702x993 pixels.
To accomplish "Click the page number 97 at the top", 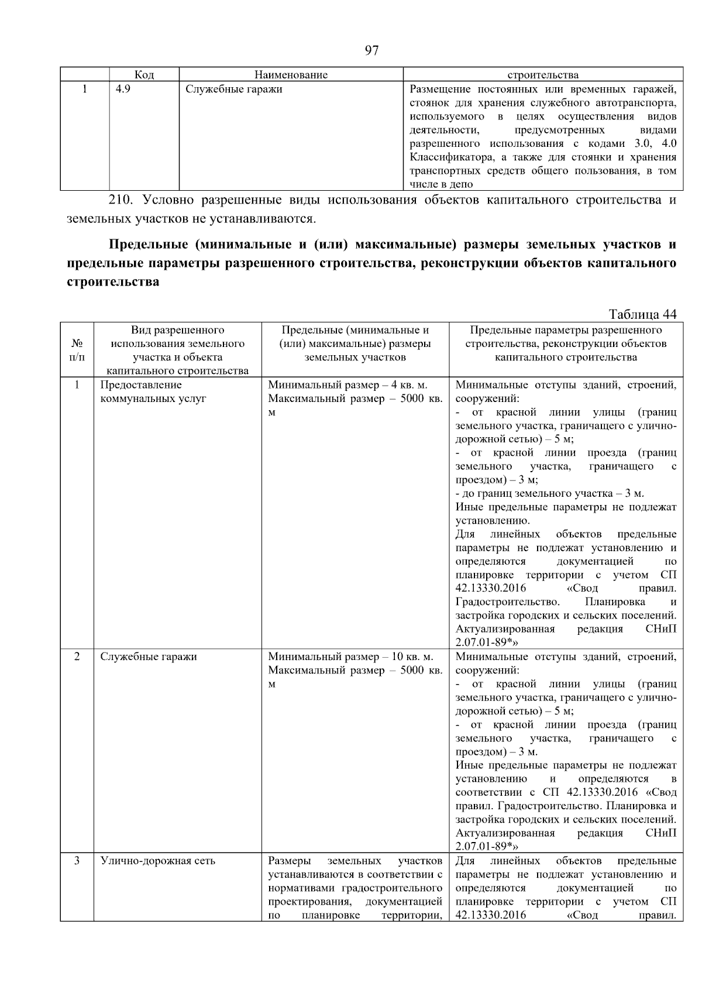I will pos(371,51).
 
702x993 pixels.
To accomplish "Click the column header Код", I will pos(144,75).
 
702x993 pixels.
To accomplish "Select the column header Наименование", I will pos(291,75).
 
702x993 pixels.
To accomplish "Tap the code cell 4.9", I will pos(123,90).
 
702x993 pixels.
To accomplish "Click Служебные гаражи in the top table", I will pos(233,90).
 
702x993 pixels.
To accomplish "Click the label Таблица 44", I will pos(642,314).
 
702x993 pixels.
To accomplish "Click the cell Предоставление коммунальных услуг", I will pos(153,392).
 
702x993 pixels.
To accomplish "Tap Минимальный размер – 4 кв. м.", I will pos(347,385).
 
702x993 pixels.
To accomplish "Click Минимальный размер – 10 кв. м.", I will pos(350,657).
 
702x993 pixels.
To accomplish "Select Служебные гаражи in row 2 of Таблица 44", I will pos(149,657).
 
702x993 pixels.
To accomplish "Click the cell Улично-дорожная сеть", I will pos(158,861).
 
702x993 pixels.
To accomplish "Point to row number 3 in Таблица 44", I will pos(77,861).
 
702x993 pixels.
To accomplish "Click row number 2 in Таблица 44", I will pos(77,657).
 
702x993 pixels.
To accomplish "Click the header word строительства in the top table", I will pos(543,75).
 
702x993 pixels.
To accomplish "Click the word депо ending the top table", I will pos(461,184).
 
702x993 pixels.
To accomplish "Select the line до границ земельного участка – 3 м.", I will pos(550,493).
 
